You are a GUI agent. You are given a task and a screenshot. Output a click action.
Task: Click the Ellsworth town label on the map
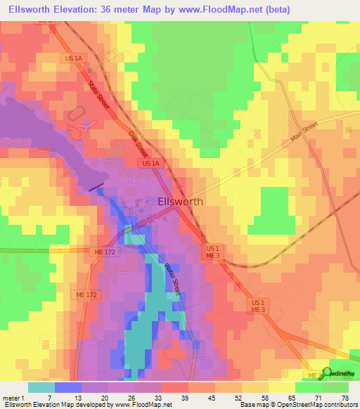pyautogui.click(x=178, y=201)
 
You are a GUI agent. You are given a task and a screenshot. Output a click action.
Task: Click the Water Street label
pyautogui.click(x=172, y=280)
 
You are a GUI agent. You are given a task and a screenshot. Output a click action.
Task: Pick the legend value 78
pyautogui.click(x=345, y=398)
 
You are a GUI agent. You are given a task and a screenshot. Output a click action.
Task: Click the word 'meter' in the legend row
pyautogui.click(x=10, y=398)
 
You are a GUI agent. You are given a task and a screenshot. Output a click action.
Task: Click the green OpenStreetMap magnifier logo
pyautogui.click(x=327, y=372)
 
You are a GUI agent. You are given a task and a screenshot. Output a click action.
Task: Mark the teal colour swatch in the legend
pyautogui.click(x=41, y=387)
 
